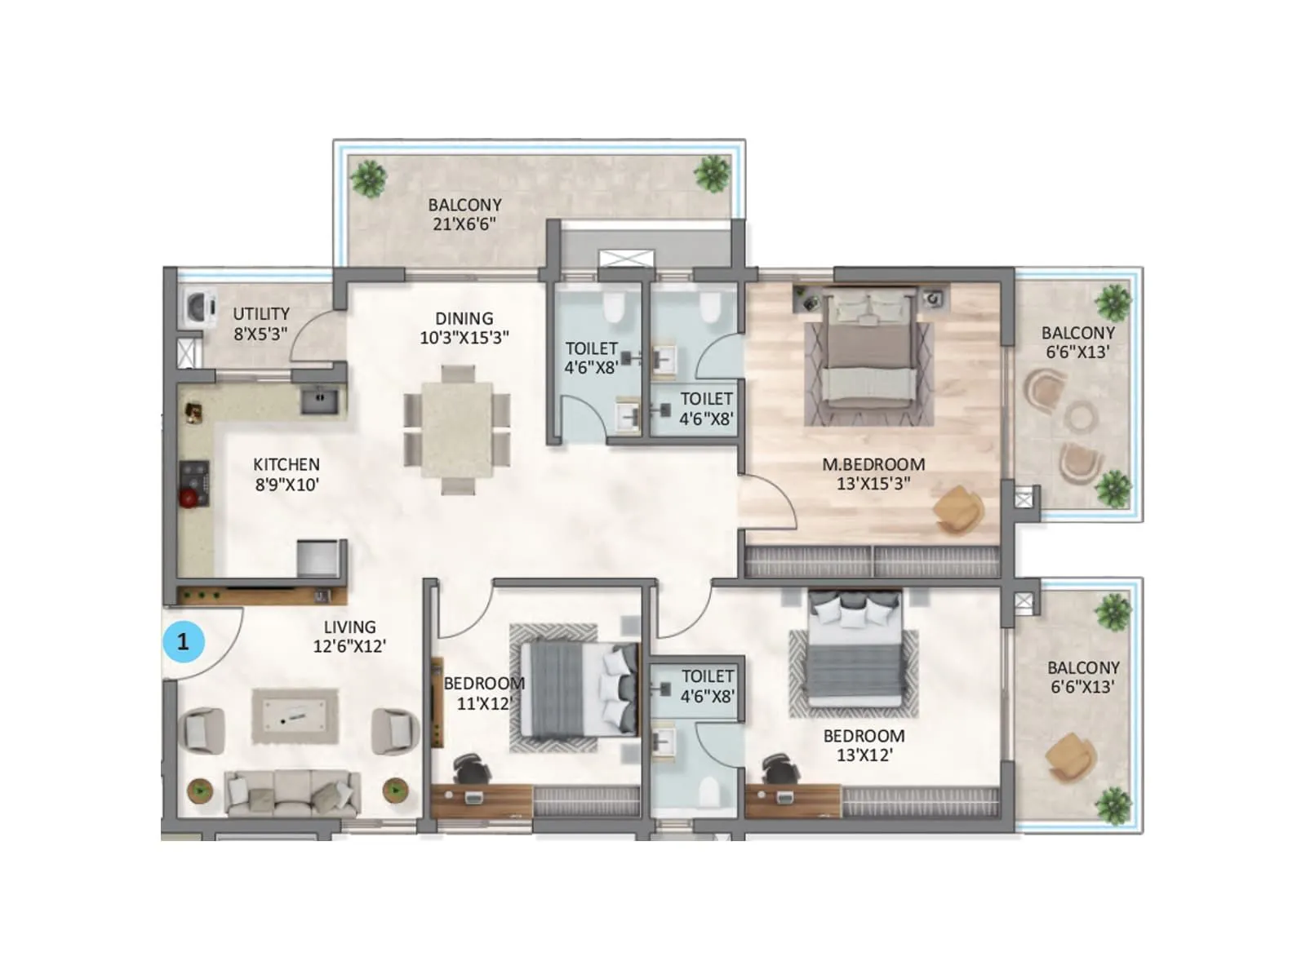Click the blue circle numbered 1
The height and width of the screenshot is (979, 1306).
[183, 642]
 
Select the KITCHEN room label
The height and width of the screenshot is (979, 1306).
[286, 464]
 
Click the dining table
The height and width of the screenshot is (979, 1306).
[457, 430]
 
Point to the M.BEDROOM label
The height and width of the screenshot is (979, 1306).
[873, 464]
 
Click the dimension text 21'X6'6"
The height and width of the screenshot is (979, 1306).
[464, 224]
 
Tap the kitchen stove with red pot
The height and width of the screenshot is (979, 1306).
[193, 485]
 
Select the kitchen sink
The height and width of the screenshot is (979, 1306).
[319, 399]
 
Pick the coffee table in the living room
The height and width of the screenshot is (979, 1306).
[295, 716]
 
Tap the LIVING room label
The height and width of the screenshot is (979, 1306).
[349, 627]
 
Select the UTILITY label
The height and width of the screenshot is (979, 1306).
[261, 313]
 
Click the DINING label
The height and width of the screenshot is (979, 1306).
[464, 318]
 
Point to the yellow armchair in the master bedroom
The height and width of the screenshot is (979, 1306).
[958, 509]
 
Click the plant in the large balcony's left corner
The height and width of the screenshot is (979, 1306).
[369, 177]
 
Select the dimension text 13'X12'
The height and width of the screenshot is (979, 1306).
[864, 755]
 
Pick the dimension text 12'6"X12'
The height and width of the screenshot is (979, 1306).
[349, 646]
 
